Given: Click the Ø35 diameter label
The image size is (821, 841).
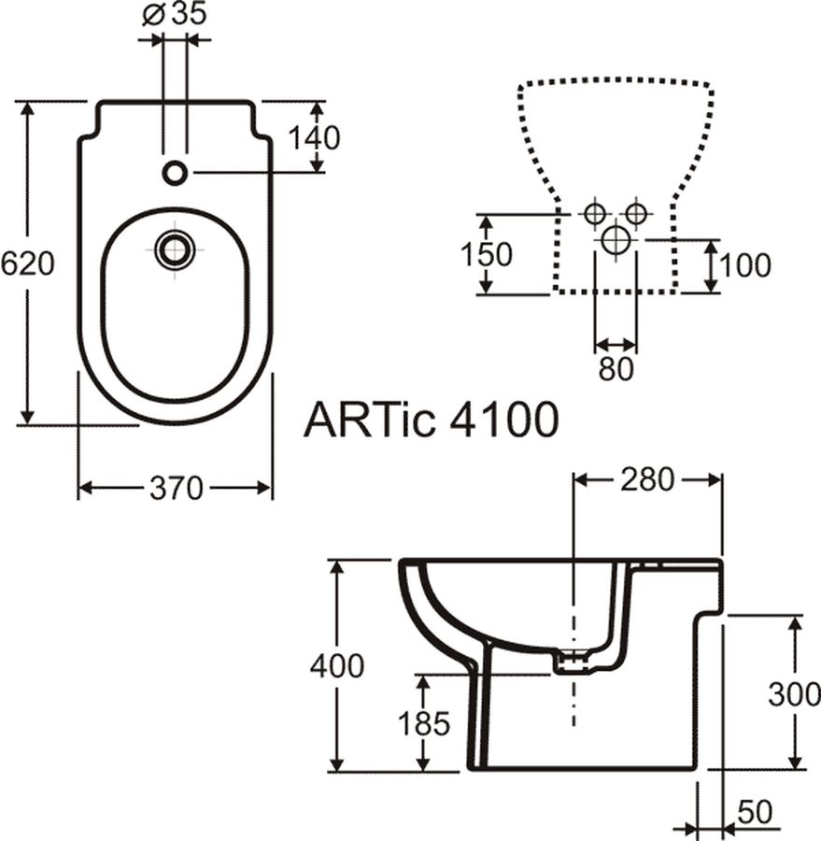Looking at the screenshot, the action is pyautogui.click(x=174, y=14).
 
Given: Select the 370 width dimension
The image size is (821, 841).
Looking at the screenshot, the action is pyautogui.click(x=177, y=489).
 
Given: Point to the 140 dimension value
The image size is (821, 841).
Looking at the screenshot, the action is pyautogui.click(x=314, y=138).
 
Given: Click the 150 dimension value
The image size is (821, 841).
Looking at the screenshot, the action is pyautogui.click(x=487, y=254).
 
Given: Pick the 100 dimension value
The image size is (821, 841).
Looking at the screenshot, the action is pyautogui.click(x=745, y=265).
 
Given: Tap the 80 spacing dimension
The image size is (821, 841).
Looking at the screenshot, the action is pyautogui.click(x=616, y=368).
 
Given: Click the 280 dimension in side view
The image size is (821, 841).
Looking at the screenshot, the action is pyautogui.click(x=646, y=479).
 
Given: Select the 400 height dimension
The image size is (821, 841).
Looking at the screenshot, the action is pyautogui.click(x=337, y=666).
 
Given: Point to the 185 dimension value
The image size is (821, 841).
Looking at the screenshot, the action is pyautogui.click(x=424, y=723).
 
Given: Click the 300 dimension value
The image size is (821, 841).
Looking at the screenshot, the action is pyautogui.click(x=794, y=694).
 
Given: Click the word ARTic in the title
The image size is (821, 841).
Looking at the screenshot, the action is pyautogui.click(x=369, y=420).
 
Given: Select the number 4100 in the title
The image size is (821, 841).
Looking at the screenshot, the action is pyautogui.click(x=503, y=420).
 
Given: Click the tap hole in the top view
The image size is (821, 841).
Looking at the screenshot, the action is pyautogui.click(x=175, y=172).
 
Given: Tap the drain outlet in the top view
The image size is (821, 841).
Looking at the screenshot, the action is pyautogui.click(x=174, y=249).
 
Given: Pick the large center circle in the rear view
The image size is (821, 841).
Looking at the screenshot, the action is pyautogui.click(x=616, y=240).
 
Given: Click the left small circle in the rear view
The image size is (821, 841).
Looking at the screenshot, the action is pyautogui.click(x=594, y=214).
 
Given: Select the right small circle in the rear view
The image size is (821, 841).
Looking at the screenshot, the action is pyautogui.click(x=636, y=214).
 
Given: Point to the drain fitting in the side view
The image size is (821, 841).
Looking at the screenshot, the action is pyautogui.click(x=573, y=663).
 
